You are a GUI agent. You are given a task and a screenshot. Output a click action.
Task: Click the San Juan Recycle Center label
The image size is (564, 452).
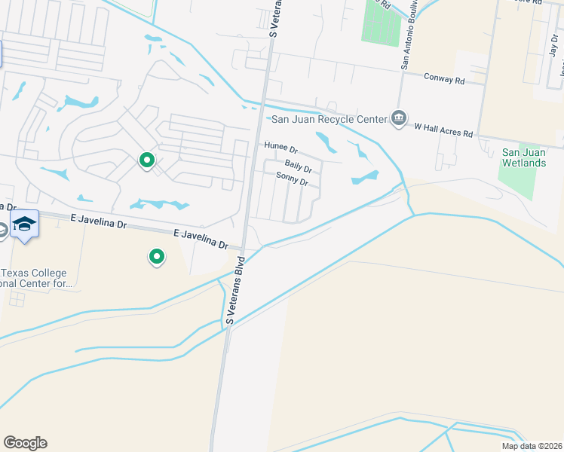[x=328, y=119]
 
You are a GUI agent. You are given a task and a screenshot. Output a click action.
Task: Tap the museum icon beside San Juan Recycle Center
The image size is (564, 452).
[x=398, y=119]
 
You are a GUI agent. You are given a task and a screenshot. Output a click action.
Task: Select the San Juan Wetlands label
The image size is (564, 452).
[x=523, y=157]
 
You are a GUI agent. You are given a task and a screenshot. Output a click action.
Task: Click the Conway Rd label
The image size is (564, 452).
[x=444, y=78]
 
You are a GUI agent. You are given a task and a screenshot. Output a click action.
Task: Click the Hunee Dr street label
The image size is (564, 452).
[x=280, y=148]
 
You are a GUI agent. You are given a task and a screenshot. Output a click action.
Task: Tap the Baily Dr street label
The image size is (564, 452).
[x=298, y=165]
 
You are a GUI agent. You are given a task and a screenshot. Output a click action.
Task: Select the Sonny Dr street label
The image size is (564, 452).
[x=293, y=180]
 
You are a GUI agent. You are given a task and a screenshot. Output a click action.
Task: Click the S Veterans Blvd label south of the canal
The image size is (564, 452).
[x=236, y=291]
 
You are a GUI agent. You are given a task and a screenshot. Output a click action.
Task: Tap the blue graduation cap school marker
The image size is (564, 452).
[x=25, y=224]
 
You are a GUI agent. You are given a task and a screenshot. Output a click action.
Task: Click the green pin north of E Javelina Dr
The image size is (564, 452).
[x=147, y=161]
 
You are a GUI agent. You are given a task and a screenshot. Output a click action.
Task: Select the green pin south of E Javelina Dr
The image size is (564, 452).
[x=156, y=258]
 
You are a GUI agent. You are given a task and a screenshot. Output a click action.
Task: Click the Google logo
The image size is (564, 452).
[x=25, y=442]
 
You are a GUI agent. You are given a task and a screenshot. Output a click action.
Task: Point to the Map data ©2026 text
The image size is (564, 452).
[x=532, y=446]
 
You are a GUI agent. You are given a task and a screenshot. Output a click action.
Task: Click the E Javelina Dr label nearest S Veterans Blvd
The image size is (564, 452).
[x=201, y=240]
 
